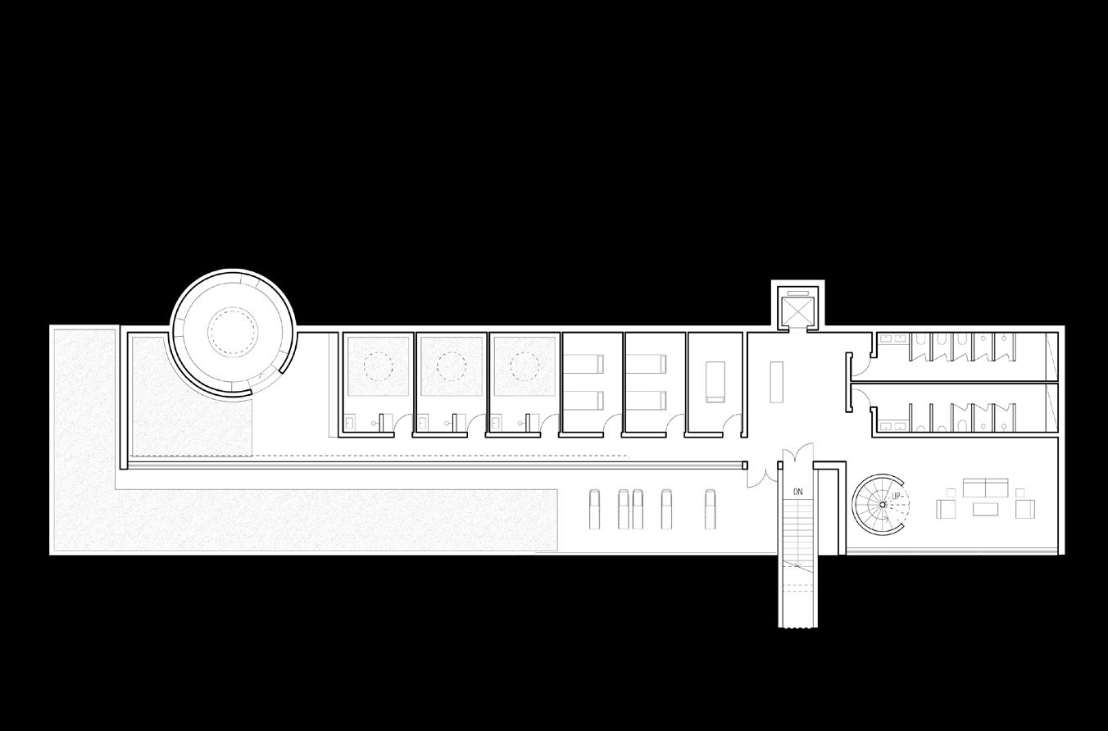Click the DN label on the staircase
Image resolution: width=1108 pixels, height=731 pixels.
click(797, 492)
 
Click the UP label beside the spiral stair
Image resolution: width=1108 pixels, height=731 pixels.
click(897, 497)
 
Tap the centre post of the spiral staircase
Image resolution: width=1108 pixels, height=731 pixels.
click(883, 505)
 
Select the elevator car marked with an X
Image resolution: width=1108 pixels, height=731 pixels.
click(794, 310)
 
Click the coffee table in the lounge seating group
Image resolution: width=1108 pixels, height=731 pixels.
click(985, 509)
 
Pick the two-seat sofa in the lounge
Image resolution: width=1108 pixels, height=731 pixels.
click(985, 488)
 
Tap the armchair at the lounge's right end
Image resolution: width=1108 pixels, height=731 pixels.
click(1024, 509)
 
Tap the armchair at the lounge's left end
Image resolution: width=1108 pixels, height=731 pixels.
click(946, 509)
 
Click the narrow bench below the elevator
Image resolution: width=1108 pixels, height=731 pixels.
click(776, 381)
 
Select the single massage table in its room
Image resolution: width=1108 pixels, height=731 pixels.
click(715, 382)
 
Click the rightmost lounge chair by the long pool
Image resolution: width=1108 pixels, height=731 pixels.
click(710, 509)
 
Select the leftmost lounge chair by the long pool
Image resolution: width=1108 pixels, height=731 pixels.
click(596, 509)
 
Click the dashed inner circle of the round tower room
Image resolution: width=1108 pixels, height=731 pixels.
click(233, 330)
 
